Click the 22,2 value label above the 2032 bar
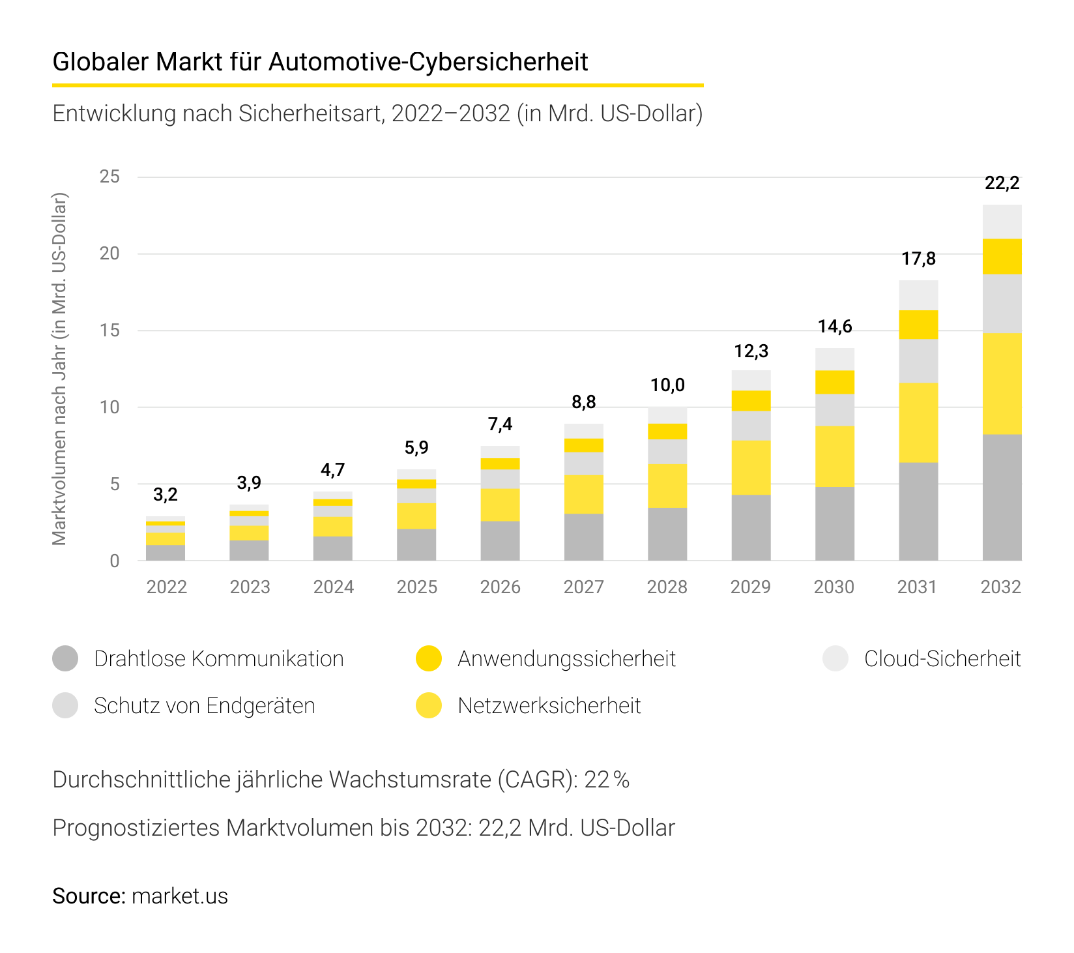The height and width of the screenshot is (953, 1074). click(x=1002, y=183)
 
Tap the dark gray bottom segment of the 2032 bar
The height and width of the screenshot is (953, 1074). click(x=1002, y=497)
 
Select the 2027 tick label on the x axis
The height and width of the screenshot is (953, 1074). click(x=583, y=587)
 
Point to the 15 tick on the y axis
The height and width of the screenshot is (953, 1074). click(x=109, y=330)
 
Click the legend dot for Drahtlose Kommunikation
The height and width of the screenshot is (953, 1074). click(x=65, y=658)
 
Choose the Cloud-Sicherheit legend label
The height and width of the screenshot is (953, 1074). click(x=942, y=658)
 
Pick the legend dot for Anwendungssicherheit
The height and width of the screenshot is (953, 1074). click(x=428, y=658)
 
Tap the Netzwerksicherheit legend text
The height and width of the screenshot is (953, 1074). click(x=549, y=705)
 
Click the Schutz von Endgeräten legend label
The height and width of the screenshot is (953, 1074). click(x=204, y=705)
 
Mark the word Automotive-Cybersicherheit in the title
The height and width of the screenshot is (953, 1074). click(x=428, y=62)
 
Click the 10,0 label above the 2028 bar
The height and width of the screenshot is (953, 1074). click(x=667, y=385)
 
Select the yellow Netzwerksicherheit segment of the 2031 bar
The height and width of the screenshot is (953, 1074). click(x=918, y=422)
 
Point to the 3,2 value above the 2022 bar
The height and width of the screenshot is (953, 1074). click(x=165, y=495)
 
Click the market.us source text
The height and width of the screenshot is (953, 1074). click(x=179, y=896)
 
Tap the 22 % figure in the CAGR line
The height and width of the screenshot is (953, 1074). click(x=606, y=780)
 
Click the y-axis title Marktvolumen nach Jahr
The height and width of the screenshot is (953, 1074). click(x=60, y=368)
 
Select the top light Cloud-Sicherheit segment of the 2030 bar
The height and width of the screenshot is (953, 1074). click(x=835, y=359)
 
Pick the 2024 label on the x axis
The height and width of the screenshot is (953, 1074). click(x=333, y=587)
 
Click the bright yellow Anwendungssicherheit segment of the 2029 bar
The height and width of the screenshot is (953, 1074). click(x=751, y=400)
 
